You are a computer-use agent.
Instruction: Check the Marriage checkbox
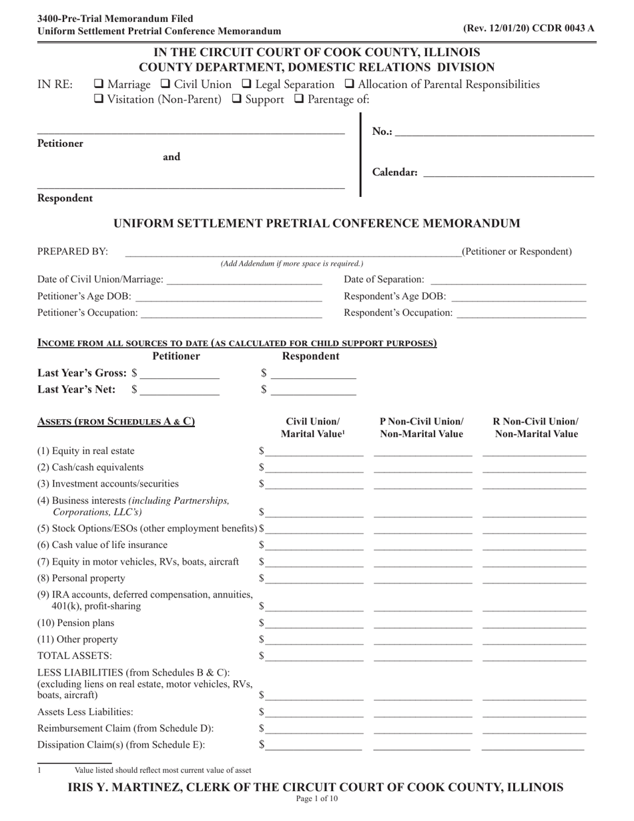99,85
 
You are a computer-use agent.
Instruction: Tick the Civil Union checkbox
166,85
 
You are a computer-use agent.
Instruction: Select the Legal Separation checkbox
246,85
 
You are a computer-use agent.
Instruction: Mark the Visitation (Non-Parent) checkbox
99,100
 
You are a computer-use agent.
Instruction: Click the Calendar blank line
508,173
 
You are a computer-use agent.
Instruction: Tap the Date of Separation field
508,280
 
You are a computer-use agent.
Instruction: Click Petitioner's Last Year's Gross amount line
180,374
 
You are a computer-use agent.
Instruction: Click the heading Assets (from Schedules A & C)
116,422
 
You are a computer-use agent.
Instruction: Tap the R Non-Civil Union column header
535,428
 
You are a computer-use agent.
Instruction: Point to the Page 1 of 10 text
316,799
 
